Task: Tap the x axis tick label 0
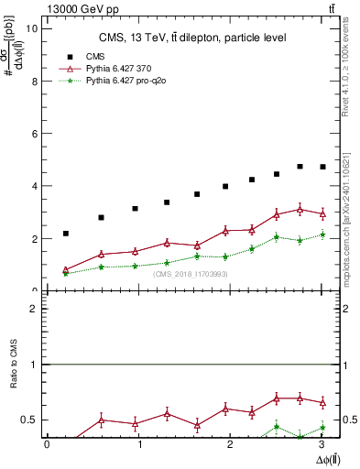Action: tap(47, 444)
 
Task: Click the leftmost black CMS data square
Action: tap(66, 234)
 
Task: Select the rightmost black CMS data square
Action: tap(322, 167)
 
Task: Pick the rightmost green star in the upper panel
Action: tap(322, 234)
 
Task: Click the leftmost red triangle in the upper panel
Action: tap(66, 269)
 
